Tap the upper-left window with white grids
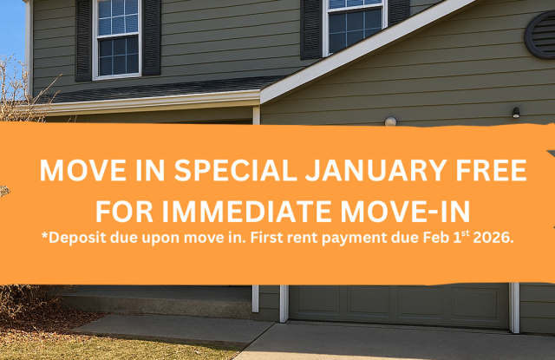117,37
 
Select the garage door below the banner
398,305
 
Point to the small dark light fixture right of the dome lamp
516,113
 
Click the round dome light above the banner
391,121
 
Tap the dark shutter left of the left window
84,39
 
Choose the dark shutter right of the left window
151,37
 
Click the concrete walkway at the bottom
173,329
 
